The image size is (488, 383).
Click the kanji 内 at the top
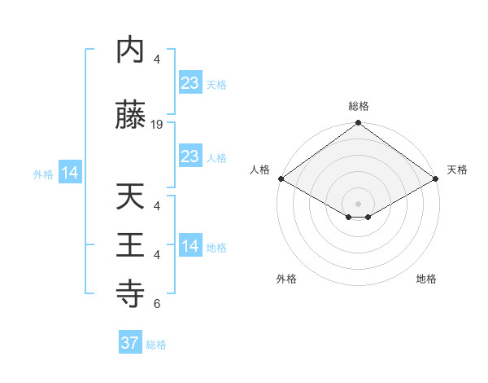point(131,51)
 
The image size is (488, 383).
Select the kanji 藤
point(131,117)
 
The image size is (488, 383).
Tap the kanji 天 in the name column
point(131,196)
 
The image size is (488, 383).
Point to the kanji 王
point(131,244)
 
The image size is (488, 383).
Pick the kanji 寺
point(131,291)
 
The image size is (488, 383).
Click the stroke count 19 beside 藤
point(157,125)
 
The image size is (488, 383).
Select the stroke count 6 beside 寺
point(157,305)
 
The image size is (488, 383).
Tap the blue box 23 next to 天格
point(190,83)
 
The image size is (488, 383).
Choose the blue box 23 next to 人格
point(190,156)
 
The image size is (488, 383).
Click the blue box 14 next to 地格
point(190,247)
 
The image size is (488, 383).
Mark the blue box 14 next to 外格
point(69,173)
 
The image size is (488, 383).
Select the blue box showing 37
point(129,343)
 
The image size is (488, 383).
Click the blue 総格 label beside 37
point(156,345)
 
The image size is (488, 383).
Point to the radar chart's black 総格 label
point(358,106)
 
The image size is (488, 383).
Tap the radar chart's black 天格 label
point(457,169)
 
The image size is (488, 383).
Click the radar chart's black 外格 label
point(286,279)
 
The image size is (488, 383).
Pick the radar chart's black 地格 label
point(426,279)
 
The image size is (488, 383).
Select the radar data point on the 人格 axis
point(280,178)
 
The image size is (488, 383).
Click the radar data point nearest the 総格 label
point(358,124)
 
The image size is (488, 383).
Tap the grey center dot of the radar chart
point(358,202)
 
